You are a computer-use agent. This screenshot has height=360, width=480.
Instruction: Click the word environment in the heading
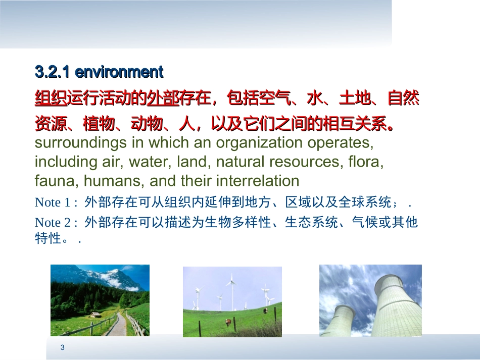click(119, 72)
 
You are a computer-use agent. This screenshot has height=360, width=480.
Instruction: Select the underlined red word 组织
click(51, 98)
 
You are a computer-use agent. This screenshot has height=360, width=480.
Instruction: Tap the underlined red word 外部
click(163, 98)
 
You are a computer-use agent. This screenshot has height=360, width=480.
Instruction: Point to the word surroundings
click(81, 143)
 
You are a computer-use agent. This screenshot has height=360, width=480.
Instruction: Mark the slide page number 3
click(62, 347)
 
